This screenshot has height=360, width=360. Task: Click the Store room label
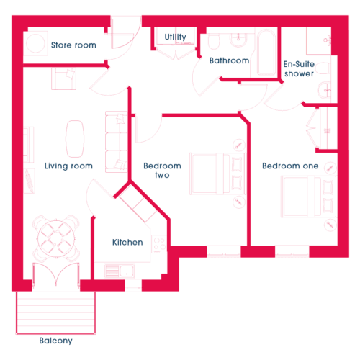73,45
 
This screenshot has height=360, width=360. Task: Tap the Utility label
175,37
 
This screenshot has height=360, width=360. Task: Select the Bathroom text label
229,60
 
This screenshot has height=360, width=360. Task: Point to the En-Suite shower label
299,68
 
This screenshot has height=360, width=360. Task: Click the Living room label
68,166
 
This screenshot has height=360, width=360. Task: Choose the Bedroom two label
162,171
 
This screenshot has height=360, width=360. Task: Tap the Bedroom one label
290,166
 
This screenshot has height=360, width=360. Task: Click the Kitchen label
127,243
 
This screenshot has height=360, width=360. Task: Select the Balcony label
55,341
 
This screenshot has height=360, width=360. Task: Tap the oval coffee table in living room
75,139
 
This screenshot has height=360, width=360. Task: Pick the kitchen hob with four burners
160,244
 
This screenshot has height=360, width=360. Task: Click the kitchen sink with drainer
120,271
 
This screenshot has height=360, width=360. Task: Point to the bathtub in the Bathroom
266,53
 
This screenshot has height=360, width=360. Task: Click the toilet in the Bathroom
214,41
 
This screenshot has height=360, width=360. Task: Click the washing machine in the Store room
35,44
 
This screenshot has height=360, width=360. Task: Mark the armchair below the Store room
63,78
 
